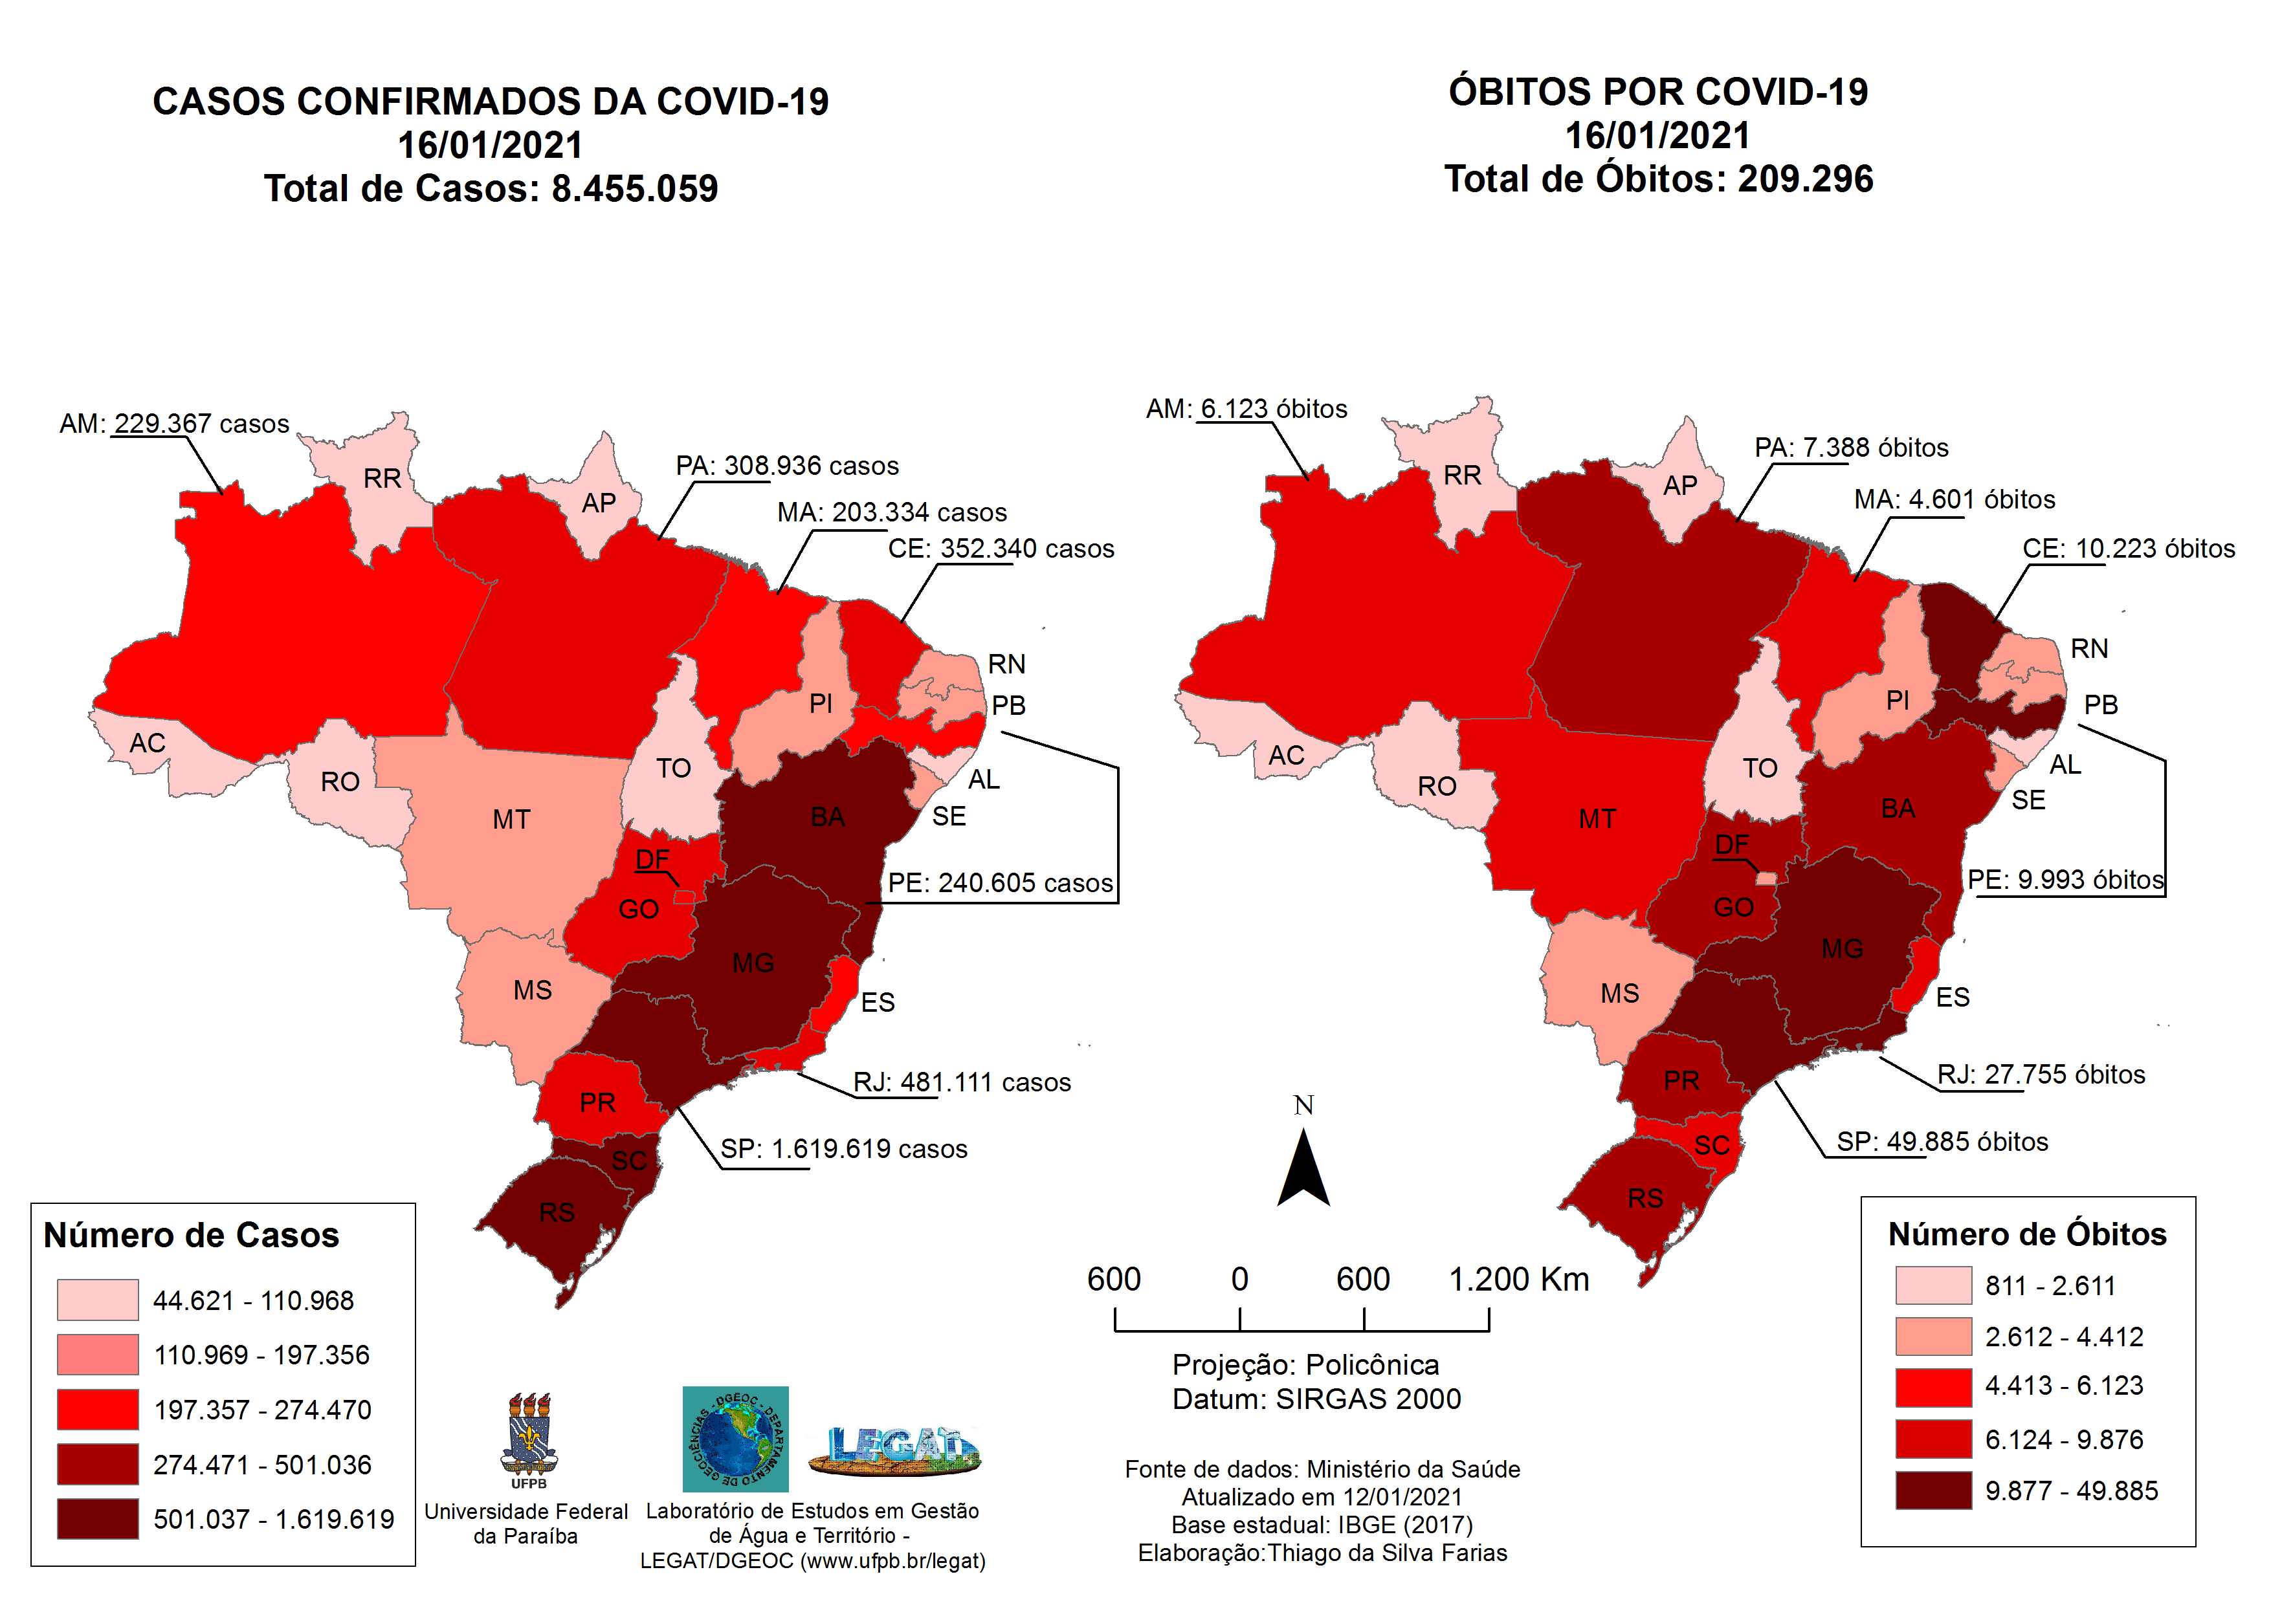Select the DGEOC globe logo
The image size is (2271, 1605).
pyautogui.click(x=735, y=1439)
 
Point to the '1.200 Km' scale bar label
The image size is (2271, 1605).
pyautogui.click(x=1518, y=1279)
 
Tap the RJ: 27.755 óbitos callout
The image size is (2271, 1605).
pyautogui.click(x=2041, y=1075)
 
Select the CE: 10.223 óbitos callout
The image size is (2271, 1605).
pyautogui.click(x=2127, y=549)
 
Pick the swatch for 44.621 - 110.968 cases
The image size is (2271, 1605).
pyautogui.click(x=97, y=1300)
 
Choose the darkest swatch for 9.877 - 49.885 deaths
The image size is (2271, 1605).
pyautogui.click(x=1933, y=1490)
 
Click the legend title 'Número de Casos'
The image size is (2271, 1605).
pyautogui.click(x=191, y=1235)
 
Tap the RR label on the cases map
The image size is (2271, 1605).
pyautogui.click(x=382, y=479)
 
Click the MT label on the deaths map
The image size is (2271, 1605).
pyautogui.click(x=1597, y=819)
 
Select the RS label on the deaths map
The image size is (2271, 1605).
pyautogui.click(x=1645, y=1199)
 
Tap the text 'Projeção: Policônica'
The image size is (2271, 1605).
pyautogui.click(x=1305, y=1365)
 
